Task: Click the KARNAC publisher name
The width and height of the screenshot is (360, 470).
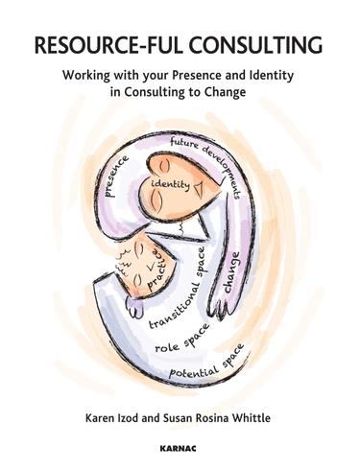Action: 179,447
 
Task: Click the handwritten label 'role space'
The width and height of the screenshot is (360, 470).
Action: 181,342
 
